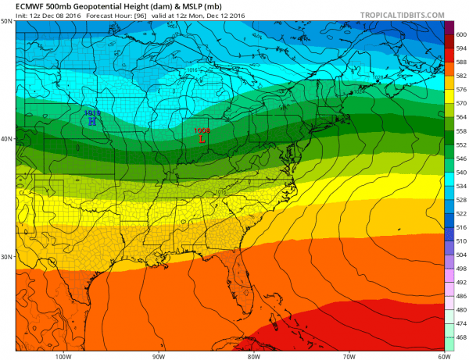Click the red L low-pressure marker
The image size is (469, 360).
point(202,141)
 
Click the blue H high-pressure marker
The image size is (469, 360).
point(92,121)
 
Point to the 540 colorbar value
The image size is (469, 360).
point(460,172)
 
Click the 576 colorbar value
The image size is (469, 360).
point(460,90)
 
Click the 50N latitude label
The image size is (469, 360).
point(6,21)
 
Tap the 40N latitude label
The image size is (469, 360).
point(6,139)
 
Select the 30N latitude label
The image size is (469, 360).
point(6,257)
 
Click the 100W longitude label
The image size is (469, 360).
point(63,355)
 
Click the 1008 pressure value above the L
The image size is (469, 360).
point(202,130)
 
